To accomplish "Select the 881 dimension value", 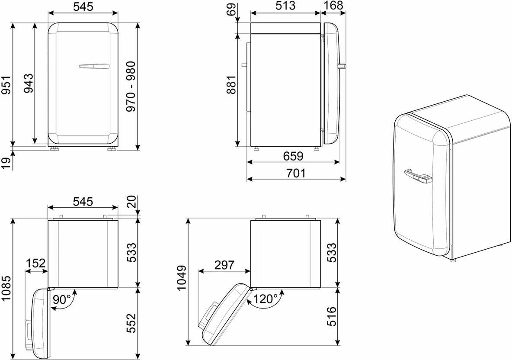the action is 231,85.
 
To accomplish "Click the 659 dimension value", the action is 293,156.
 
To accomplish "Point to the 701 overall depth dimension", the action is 295,173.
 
